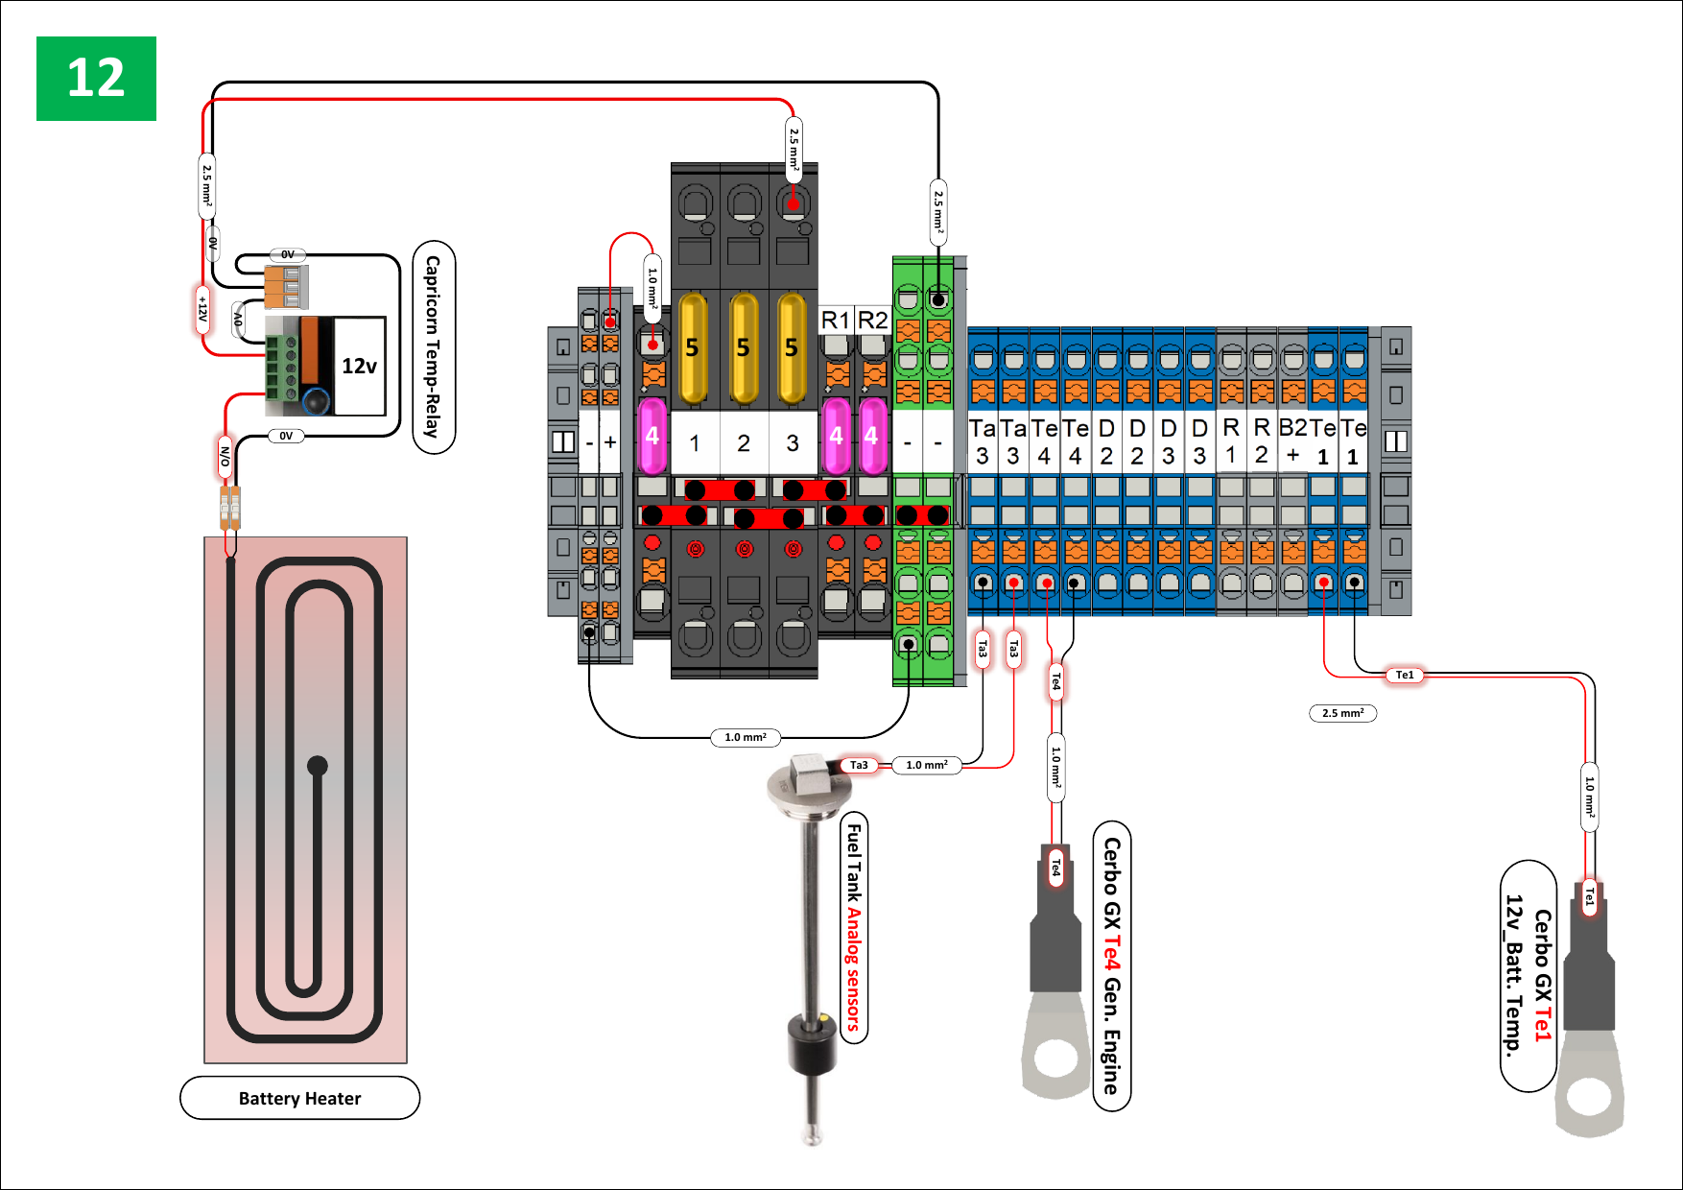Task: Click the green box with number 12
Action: (x=96, y=79)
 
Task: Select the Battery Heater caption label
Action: (x=299, y=1098)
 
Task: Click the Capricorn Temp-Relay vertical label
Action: (x=434, y=346)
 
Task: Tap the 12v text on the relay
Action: (x=359, y=366)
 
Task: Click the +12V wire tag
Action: (x=202, y=309)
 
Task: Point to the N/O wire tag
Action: (x=225, y=456)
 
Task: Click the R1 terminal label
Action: (x=836, y=320)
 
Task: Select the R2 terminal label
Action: (x=872, y=320)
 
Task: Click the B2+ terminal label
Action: (x=1292, y=440)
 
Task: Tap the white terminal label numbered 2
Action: (x=744, y=442)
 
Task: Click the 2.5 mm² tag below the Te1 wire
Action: (x=1342, y=713)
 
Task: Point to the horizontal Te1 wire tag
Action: (x=1405, y=676)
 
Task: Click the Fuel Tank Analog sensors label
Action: (x=853, y=927)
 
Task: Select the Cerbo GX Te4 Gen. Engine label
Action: (x=1111, y=965)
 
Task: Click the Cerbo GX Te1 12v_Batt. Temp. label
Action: (x=1528, y=975)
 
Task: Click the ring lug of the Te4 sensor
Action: (x=1056, y=1057)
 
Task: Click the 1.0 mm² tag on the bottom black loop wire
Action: (x=746, y=737)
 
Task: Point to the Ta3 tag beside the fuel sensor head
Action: (x=859, y=765)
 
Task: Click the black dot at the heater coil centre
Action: (x=318, y=766)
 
